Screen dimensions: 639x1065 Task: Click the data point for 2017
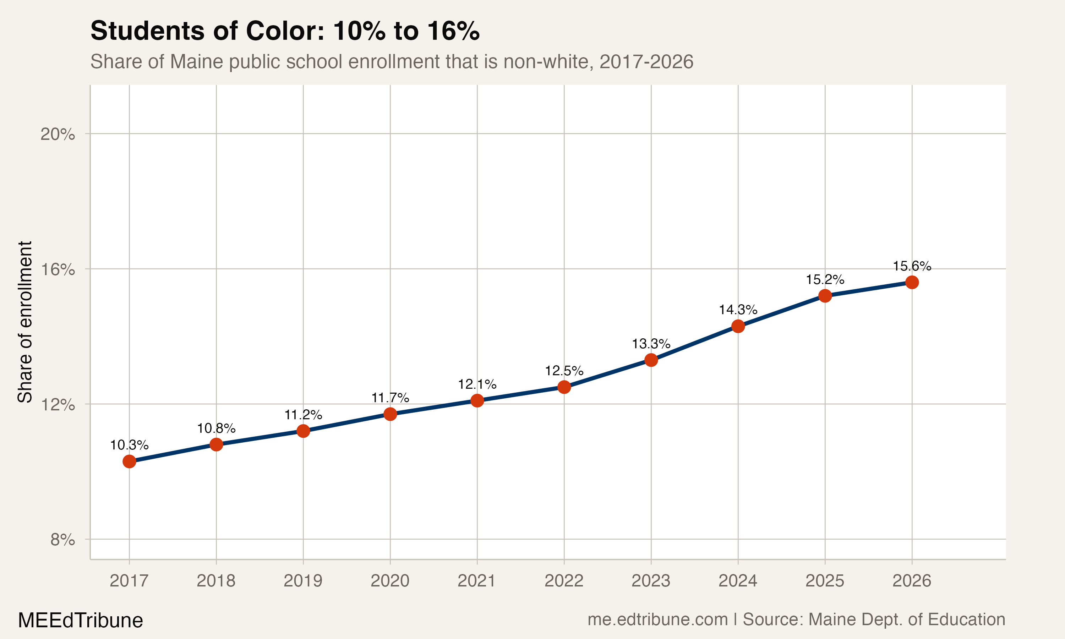(x=129, y=461)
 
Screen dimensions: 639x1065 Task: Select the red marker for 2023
(x=651, y=360)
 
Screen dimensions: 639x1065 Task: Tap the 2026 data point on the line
(x=912, y=283)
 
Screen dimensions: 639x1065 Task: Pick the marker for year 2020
(x=390, y=414)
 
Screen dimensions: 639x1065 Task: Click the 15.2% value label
(x=825, y=280)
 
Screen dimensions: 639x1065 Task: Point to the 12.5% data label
(x=564, y=371)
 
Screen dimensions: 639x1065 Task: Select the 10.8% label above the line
(x=216, y=428)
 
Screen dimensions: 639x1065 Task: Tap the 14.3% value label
(x=738, y=310)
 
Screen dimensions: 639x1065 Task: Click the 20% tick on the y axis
(x=58, y=134)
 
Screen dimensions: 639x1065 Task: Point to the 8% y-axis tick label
(x=62, y=540)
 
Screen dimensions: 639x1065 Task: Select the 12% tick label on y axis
(x=58, y=405)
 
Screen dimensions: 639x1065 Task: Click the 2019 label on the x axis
(x=303, y=581)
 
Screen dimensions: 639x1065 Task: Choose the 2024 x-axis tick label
(x=738, y=581)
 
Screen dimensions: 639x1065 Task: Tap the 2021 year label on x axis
(x=477, y=581)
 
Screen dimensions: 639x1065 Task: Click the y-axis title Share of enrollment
(x=25, y=322)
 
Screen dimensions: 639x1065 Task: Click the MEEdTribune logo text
(x=81, y=621)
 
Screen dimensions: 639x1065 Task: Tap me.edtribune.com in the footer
(x=657, y=619)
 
